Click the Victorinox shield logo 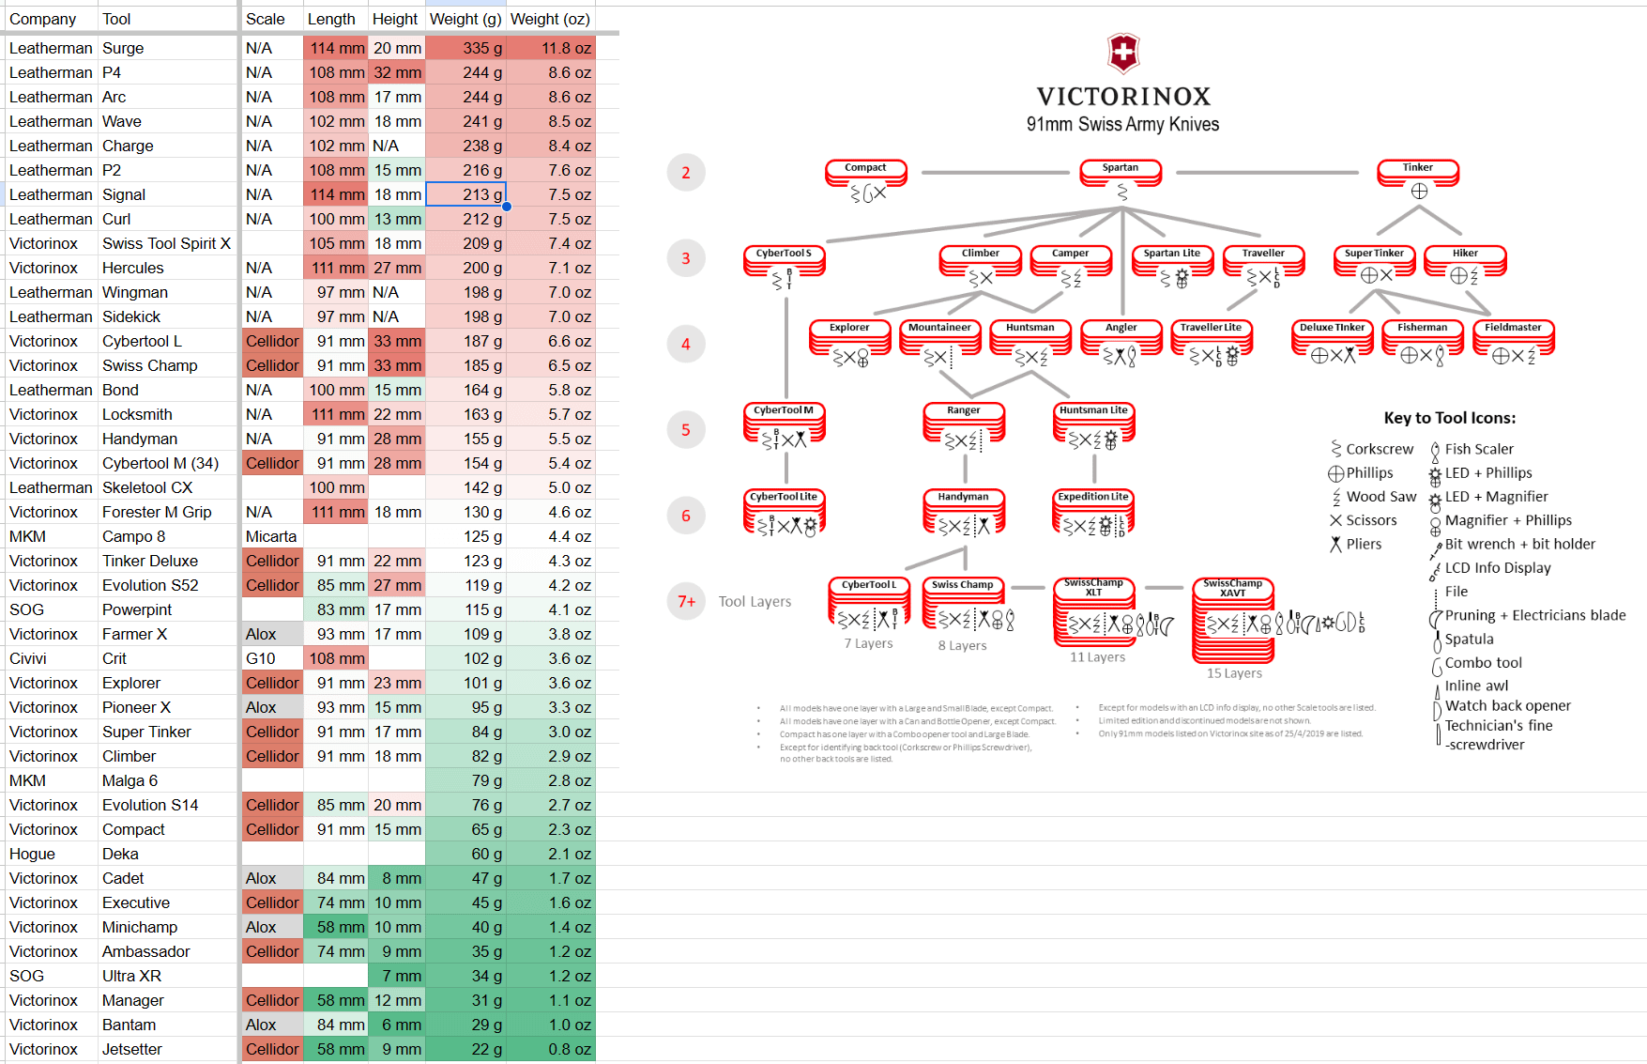(1122, 54)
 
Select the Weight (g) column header (465, 19)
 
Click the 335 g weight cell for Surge (465, 48)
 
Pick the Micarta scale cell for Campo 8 (271, 536)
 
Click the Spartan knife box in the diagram (1121, 173)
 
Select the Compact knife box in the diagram (865, 173)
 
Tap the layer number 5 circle (686, 430)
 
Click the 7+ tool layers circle (686, 601)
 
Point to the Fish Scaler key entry (1478, 449)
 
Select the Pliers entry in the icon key (1363, 544)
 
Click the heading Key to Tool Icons (1449, 418)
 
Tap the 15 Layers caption (1234, 673)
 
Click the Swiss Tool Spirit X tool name (166, 243)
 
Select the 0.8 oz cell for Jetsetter (569, 1049)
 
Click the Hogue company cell (33, 854)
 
